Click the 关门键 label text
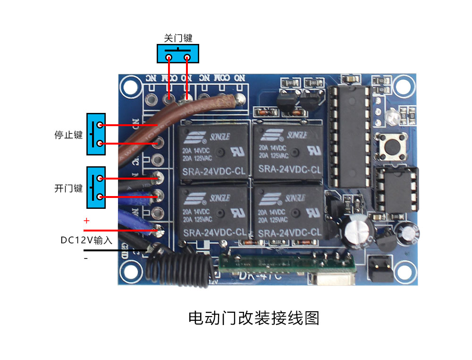(x=178, y=38)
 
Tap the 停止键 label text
(x=68, y=135)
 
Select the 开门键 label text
(x=68, y=189)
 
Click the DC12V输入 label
(x=86, y=240)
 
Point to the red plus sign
(x=86, y=221)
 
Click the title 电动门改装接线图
(x=254, y=318)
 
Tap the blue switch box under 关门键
(x=177, y=53)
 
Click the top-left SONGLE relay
(x=214, y=151)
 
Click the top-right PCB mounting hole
(x=403, y=86)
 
